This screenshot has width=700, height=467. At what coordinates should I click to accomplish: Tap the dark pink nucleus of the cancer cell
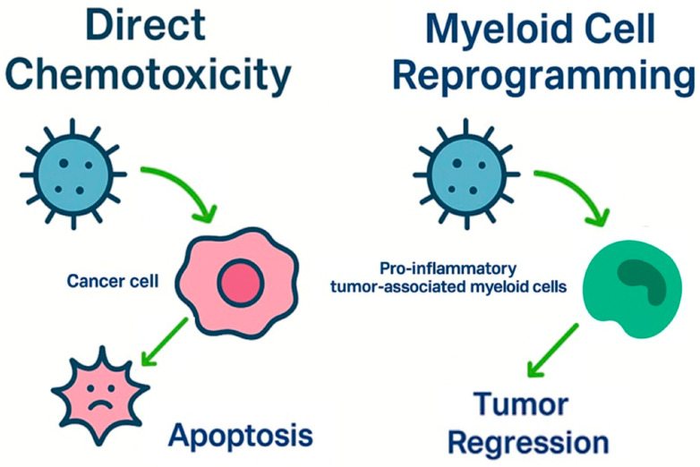(237, 282)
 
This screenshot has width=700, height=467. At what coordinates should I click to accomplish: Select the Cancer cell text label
(113, 281)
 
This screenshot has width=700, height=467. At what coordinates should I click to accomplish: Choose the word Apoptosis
(240, 435)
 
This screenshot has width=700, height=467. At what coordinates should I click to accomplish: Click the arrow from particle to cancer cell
(184, 190)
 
